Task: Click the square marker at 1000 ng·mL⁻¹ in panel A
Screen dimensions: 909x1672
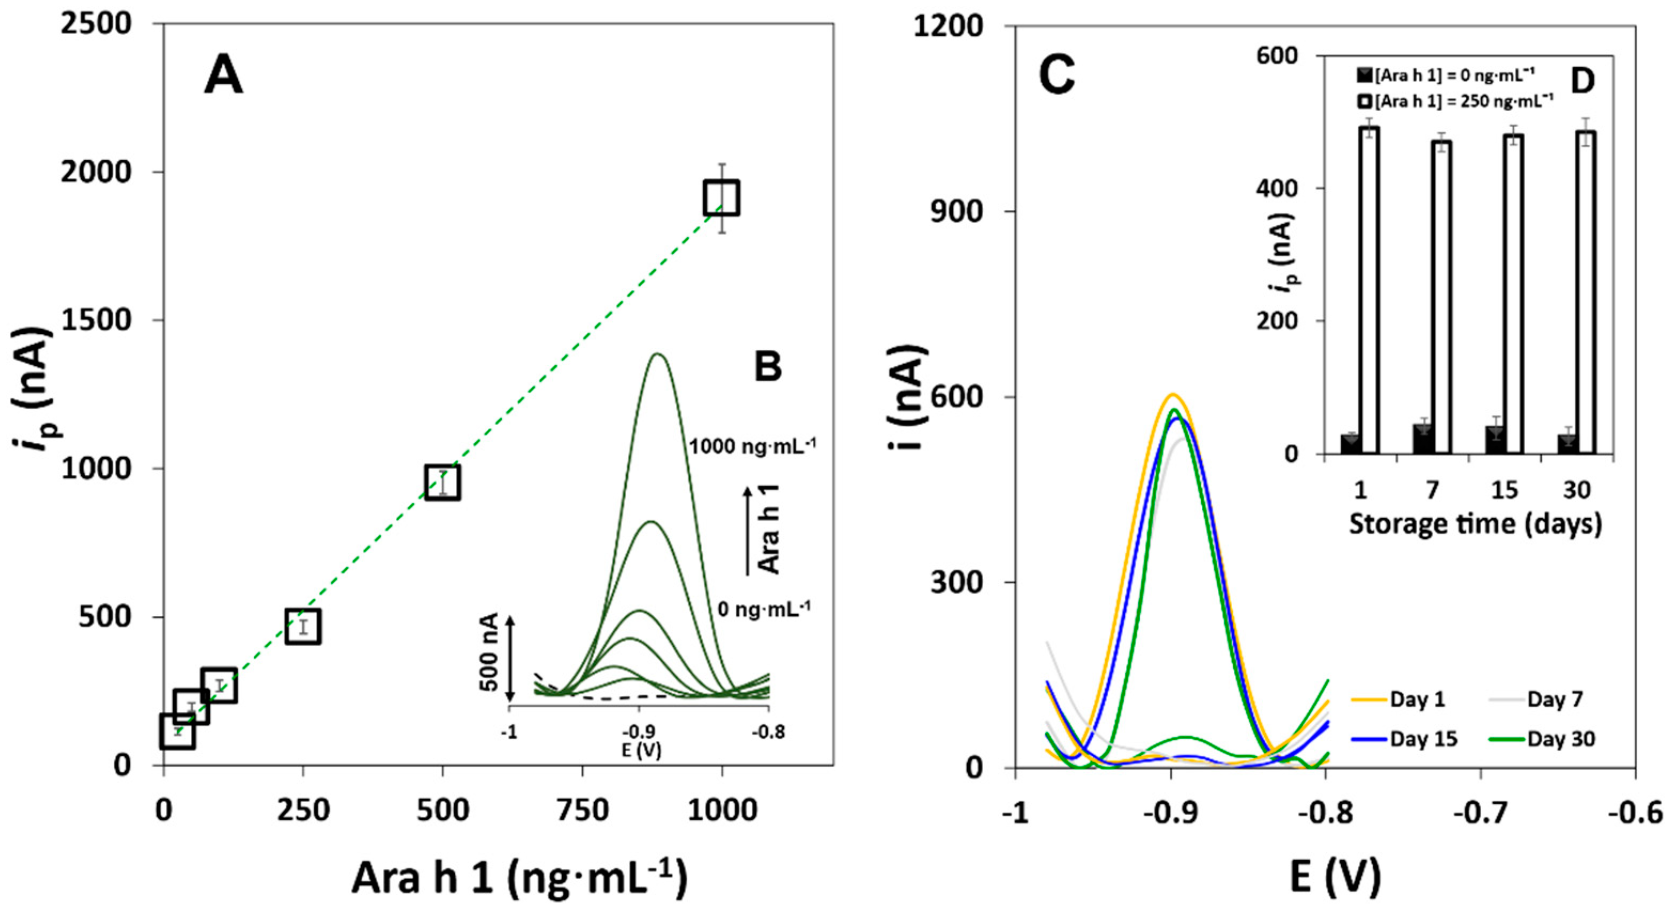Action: tap(721, 198)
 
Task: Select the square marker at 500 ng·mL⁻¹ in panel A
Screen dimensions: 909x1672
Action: tap(442, 482)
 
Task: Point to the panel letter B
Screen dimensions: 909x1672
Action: tap(768, 366)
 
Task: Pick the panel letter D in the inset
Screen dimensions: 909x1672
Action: tap(1582, 82)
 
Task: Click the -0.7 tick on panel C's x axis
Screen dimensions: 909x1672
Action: tap(1480, 813)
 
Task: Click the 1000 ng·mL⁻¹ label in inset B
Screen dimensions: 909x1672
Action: tap(752, 446)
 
